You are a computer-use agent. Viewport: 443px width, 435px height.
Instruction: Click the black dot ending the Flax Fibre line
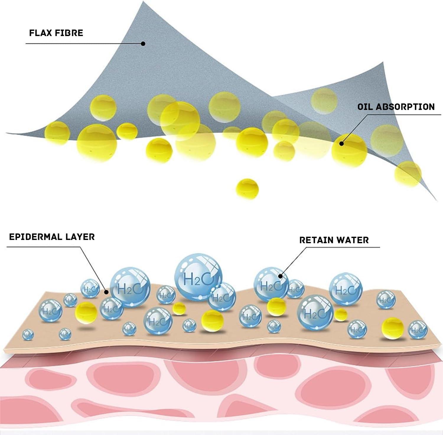(x=143, y=43)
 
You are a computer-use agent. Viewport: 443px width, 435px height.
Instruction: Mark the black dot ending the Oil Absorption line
(x=341, y=144)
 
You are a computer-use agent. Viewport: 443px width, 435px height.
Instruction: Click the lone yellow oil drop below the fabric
(x=247, y=189)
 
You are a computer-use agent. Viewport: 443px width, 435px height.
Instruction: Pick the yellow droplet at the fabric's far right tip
(x=408, y=174)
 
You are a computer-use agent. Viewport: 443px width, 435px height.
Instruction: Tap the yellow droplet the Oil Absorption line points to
(x=349, y=150)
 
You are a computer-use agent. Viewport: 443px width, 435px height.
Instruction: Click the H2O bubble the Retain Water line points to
(x=271, y=284)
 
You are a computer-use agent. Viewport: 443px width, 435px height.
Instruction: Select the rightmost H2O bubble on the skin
(x=418, y=330)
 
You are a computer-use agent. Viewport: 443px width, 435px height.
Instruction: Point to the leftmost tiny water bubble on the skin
(x=28, y=335)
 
